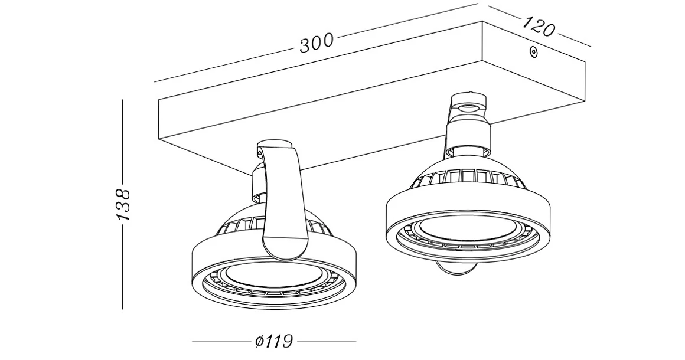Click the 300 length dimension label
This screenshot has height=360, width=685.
click(316, 43)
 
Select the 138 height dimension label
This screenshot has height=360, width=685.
click(123, 204)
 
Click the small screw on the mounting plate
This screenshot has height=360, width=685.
click(534, 53)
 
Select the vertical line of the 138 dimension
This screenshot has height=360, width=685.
click(122, 148)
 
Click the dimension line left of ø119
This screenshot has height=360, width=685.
click(221, 341)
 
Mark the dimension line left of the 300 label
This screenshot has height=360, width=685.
click(224, 64)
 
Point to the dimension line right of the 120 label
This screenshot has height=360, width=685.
click(575, 40)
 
